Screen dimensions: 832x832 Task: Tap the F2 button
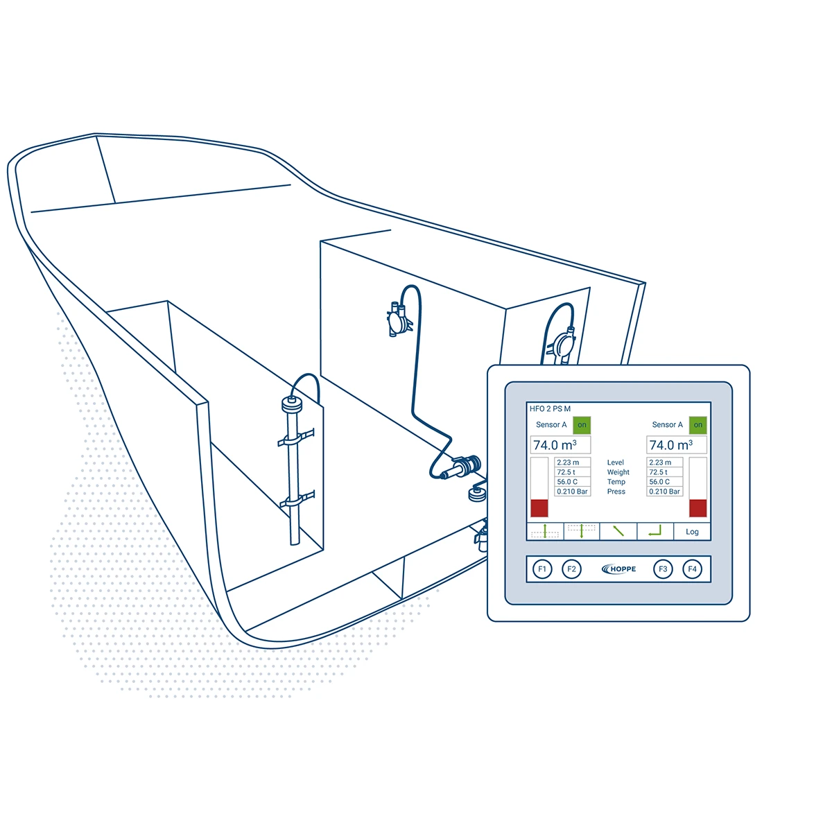point(571,569)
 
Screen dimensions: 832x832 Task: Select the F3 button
point(663,569)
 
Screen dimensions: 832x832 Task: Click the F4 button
point(692,569)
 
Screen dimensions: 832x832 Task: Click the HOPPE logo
point(619,569)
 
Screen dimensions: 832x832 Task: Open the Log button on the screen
point(692,532)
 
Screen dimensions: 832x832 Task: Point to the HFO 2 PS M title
point(550,409)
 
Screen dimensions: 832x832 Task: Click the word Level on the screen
point(616,462)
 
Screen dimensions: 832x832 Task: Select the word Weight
point(618,472)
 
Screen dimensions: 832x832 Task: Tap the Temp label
point(616,482)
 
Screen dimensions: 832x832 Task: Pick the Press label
point(616,492)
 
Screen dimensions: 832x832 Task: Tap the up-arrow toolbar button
point(546,532)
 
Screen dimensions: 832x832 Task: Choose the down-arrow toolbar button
point(582,532)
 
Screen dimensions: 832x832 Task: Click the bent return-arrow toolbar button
point(655,532)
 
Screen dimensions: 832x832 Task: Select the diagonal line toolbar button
point(618,532)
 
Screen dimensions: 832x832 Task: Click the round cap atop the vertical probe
point(290,403)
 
